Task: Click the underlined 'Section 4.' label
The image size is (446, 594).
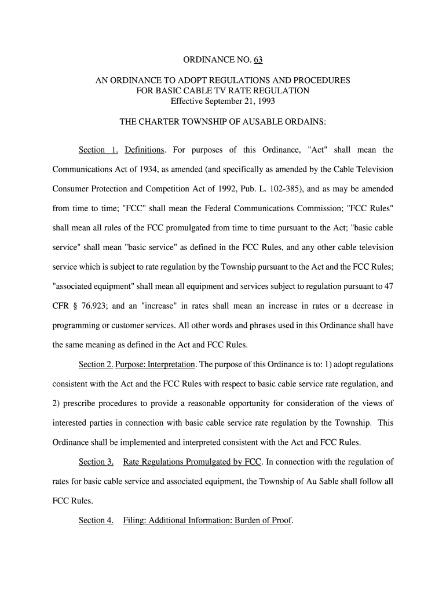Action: click(96, 520)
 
